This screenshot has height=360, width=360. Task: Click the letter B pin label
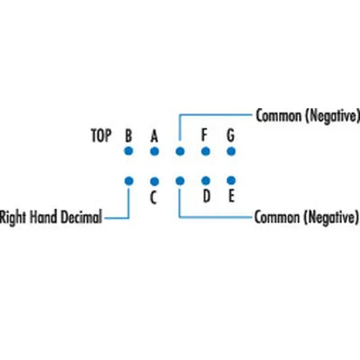click(x=129, y=136)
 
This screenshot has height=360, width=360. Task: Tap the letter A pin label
click(x=154, y=136)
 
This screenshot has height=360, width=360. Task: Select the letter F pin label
click(x=204, y=135)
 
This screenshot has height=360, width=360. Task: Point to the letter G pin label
click(x=230, y=135)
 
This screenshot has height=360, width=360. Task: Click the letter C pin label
click(x=153, y=198)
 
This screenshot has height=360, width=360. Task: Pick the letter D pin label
click(x=206, y=196)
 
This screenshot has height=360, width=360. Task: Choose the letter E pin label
click(x=231, y=196)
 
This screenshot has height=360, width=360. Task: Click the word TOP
click(x=101, y=136)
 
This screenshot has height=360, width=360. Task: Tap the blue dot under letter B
click(x=129, y=151)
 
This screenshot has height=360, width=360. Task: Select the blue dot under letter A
click(x=154, y=151)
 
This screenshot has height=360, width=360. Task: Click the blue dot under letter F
click(x=205, y=151)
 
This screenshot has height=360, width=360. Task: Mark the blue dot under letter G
click(x=231, y=151)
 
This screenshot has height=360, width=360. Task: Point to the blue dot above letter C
click(x=154, y=182)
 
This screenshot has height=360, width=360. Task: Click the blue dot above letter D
click(x=205, y=181)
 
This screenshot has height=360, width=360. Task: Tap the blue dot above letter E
click(x=231, y=180)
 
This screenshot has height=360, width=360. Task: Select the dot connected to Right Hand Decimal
click(x=129, y=181)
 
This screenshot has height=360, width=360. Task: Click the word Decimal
click(x=81, y=217)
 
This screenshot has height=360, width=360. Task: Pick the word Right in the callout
click(x=13, y=218)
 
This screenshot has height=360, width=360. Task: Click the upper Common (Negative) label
click(x=308, y=115)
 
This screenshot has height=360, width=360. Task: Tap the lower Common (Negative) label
click(x=307, y=217)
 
